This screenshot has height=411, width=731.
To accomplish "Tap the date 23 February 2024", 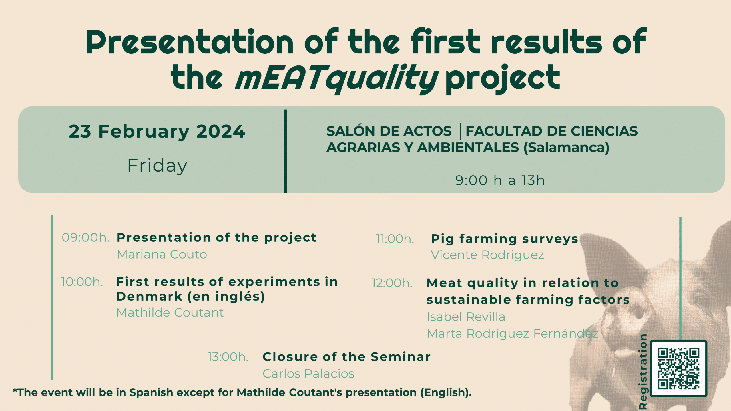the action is point(157,132).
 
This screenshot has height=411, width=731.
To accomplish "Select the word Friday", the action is point(157,166).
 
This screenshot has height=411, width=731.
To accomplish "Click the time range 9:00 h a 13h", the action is point(500,180).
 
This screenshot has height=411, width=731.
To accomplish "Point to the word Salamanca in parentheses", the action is point(567,148).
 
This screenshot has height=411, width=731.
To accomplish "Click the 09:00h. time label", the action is point(86,237).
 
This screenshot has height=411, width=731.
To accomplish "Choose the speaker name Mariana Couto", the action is point(162,254).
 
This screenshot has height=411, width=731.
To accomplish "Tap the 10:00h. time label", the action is point(82,282).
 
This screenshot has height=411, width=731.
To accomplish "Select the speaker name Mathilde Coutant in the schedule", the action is point(170,313).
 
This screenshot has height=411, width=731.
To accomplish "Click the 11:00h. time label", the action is point(395,239).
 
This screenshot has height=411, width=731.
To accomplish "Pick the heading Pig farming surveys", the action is point(505,239).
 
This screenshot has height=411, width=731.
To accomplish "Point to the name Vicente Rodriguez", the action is point(487,255).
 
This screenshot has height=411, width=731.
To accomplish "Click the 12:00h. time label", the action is point(392,283).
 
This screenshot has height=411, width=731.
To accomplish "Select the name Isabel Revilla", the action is point(466,317).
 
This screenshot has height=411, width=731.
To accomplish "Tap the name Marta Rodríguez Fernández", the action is point(513,334).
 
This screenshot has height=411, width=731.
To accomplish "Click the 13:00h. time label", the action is point(228,357).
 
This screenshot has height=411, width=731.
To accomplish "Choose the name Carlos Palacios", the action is point(308,374).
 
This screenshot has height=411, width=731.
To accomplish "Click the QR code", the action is point(678,368).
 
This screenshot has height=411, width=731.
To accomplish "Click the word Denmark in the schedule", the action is point(149,297).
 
